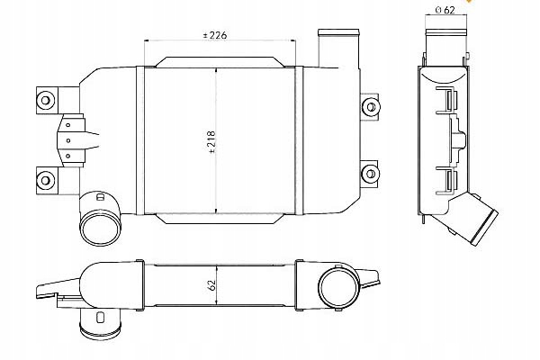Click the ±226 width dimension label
click(x=215, y=35)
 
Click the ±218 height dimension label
click(x=211, y=141)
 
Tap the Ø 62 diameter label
click(x=445, y=10)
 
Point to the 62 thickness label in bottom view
click(x=211, y=284)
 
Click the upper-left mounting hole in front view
click(x=46, y=100)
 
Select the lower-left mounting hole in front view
click(x=46, y=180)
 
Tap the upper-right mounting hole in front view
click(x=371, y=107)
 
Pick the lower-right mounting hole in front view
click(x=371, y=173)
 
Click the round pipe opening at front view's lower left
click(x=100, y=228)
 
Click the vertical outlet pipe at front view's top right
click(x=339, y=49)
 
